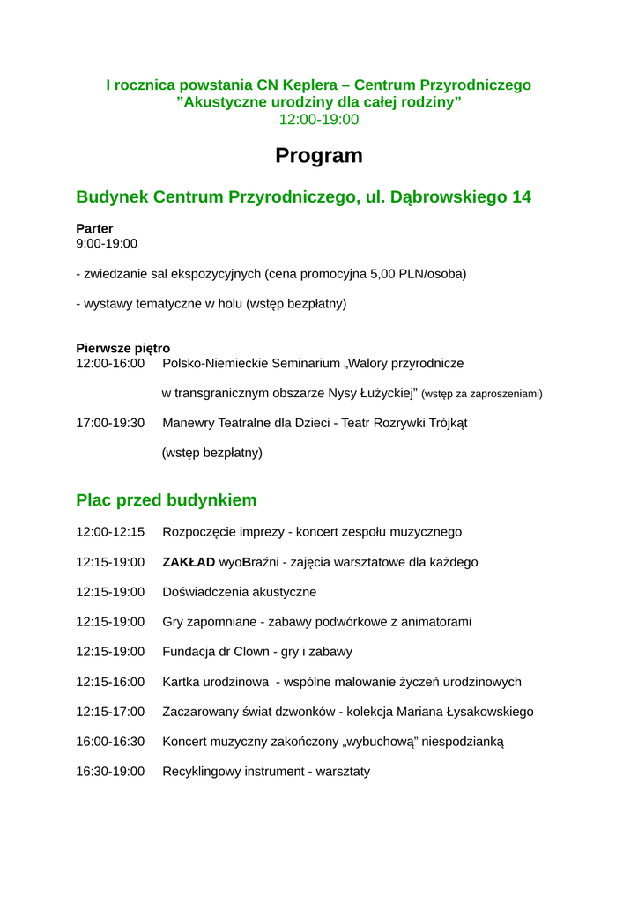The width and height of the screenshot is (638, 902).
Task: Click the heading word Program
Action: tap(318, 156)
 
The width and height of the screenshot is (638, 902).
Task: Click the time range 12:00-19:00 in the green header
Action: tap(318, 120)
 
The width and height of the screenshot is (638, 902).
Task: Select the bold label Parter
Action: tap(94, 228)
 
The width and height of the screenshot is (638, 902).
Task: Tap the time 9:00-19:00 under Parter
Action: tap(107, 243)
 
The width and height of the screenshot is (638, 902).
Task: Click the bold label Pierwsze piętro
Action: tap(122, 348)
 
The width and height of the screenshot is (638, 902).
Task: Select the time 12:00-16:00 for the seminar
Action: tap(110, 363)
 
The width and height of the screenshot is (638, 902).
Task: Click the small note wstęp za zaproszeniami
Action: tap(482, 394)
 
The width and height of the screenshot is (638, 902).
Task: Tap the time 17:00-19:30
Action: tap(110, 423)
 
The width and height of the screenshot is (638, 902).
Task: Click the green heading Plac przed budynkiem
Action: tap(167, 500)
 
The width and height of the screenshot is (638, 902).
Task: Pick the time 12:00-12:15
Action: tap(110, 532)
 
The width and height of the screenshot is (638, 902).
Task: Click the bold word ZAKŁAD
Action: tap(189, 562)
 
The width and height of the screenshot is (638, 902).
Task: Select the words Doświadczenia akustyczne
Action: tap(239, 592)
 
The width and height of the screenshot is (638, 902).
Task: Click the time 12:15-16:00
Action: tap(110, 682)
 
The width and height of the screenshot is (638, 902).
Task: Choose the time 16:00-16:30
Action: tap(110, 742)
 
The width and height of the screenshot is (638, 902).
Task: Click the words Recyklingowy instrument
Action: tap(229, 772)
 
